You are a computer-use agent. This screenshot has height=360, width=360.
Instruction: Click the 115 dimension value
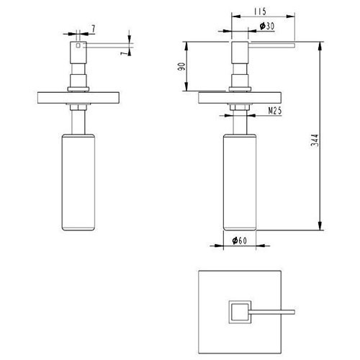coord(260,12)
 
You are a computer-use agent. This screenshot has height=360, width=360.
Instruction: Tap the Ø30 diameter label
coord(267,26)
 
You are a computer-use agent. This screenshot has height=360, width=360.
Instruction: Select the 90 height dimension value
coord(181,66)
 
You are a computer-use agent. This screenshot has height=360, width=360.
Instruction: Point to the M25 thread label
coord(275,111)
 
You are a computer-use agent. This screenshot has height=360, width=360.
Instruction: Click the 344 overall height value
coord(315,140)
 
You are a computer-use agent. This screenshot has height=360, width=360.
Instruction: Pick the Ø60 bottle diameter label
coord(239,240)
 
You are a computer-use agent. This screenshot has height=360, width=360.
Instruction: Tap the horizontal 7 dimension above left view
coord(93,29)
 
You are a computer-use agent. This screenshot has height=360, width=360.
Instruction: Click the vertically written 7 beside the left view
coord(124,53)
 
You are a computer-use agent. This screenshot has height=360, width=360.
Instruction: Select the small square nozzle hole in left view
coord(78,45)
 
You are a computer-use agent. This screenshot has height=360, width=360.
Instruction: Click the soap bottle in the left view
coord(78,182)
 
